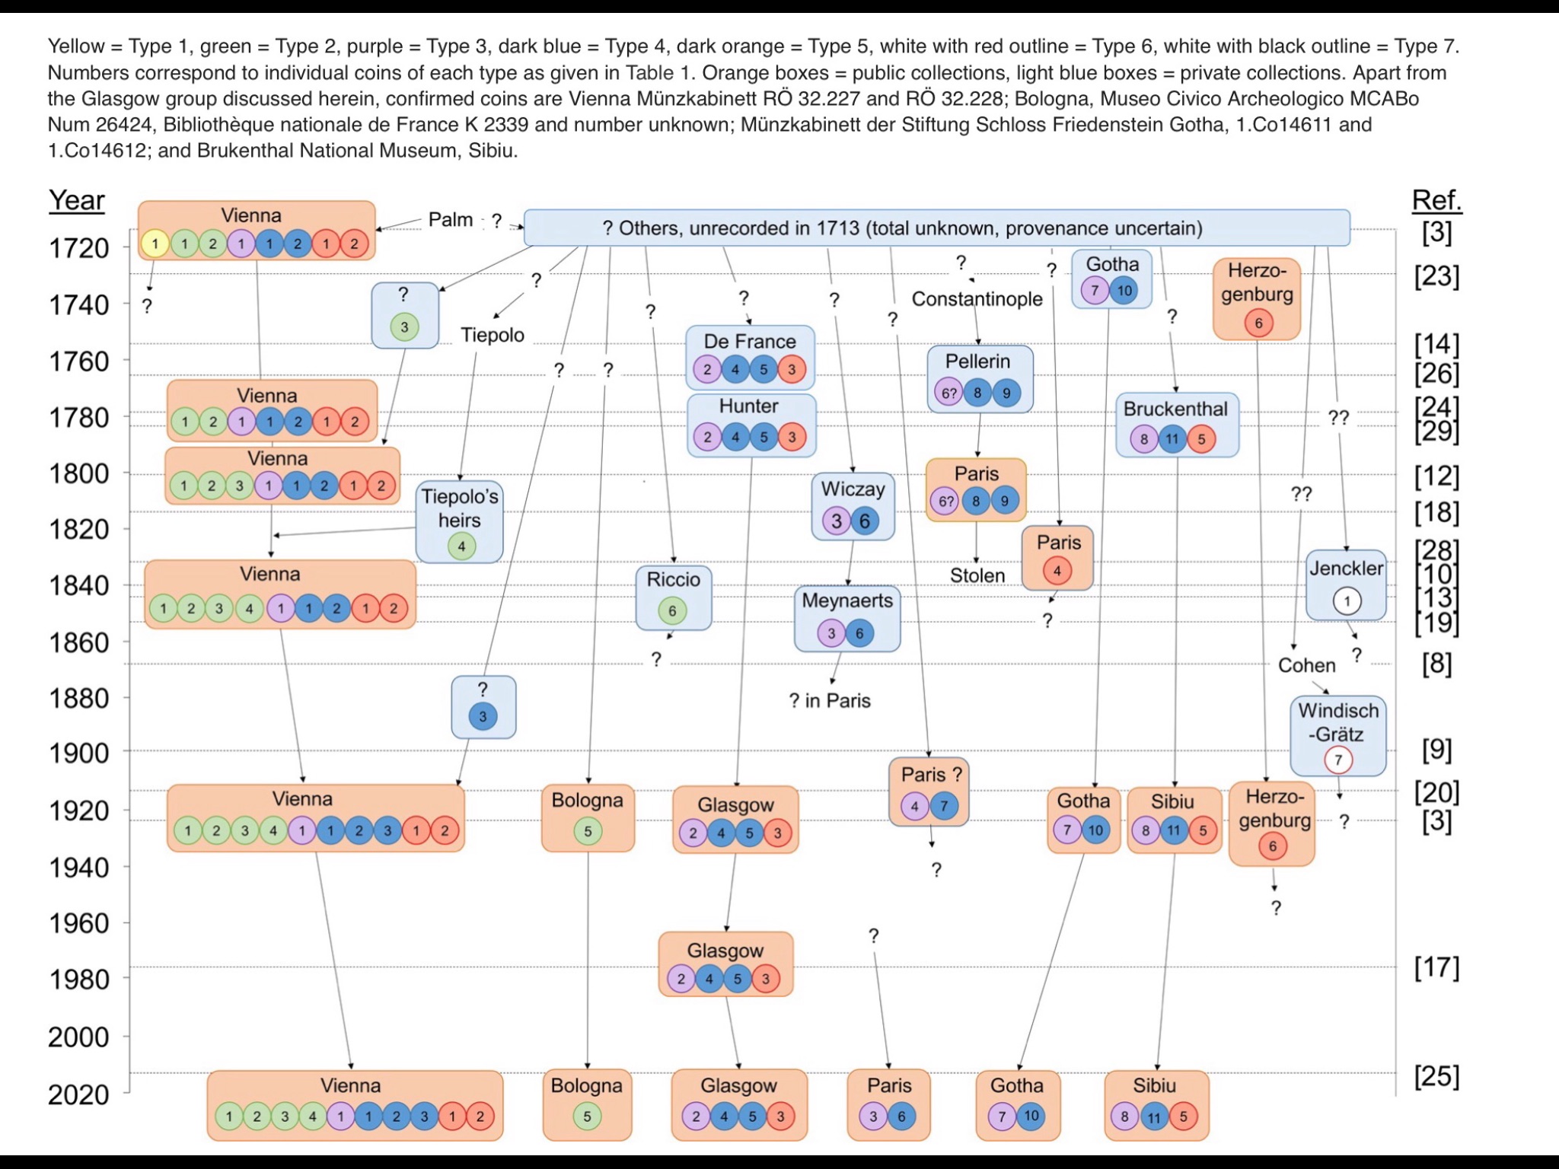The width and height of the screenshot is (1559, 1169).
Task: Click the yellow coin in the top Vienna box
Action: (x=155, y=244)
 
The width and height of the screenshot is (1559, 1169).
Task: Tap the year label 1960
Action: (x=78, y=924)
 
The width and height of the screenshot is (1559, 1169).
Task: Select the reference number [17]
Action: (x=1436, y=967)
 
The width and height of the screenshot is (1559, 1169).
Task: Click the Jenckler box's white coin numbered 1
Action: (x=1347, y=601)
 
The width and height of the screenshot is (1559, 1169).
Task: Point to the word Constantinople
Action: (x=977, y=299)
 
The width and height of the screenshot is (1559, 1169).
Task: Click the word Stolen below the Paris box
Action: (x=977, y=576)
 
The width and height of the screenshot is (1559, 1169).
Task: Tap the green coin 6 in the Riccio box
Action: (x=672, y=610)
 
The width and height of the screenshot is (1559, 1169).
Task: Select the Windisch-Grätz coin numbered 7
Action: (x=1338, y=760)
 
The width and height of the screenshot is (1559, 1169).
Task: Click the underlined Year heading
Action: (x=77, y=200)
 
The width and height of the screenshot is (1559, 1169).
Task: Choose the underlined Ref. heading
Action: (x=1436, y=200)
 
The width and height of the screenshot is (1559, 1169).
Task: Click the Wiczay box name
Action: (x=853, y=489)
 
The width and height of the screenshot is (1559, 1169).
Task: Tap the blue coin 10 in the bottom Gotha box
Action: (x=1031, y=1116)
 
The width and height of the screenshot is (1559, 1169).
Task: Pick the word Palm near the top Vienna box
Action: (x=451, y=220)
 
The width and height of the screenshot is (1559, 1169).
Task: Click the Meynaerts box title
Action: (x=847, y=600)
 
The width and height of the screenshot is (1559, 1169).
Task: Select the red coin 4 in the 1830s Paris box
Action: (x=1057, y=570)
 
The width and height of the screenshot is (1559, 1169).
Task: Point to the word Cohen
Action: (x=1306, y=665)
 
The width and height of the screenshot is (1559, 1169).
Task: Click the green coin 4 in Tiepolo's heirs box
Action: (x=461, y=546)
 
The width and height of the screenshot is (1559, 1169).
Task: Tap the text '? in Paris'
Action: (x=830, y=700)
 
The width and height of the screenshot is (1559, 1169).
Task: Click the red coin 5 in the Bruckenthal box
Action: (x=1201, y=439)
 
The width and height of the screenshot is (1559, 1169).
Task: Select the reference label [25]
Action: (x=1436, y=1076)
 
